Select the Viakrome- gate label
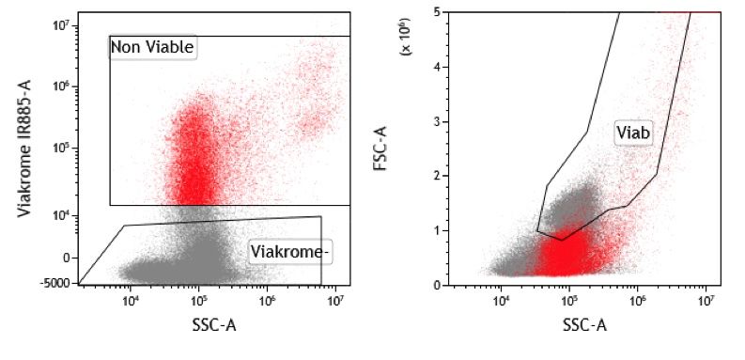[288, 250]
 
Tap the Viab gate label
[634, 133]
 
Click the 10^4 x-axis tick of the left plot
[131, 301]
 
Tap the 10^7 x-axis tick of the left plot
[336, 301]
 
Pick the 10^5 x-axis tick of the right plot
[568, 301]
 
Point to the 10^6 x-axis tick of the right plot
[637, 301]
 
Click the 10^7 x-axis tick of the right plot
[706, 301]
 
